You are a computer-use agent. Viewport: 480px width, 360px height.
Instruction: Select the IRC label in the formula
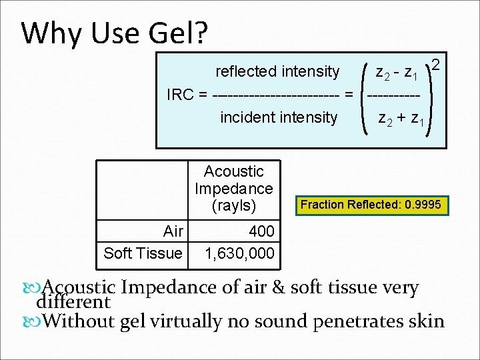pyautogui.click(x=179, y=95)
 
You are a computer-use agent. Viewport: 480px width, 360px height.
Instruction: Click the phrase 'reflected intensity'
pyautogui.click(x=277, y=71)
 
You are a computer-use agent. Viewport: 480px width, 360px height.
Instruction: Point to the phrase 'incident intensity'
pyautogui.click(x=279, y=118)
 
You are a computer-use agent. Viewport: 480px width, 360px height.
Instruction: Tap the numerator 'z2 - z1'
pyautogui.click(x=397, y=72)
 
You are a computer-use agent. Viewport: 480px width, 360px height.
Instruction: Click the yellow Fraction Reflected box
pyautogui.click(x=371, y=205)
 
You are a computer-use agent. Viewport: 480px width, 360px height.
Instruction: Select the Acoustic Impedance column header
pyautogui.click(x=233, y=188)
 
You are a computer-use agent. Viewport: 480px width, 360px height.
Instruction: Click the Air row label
pyautogui.click(x=173, y=231)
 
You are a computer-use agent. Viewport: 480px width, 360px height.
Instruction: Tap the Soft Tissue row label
pyautogui.click(x=143, y=253)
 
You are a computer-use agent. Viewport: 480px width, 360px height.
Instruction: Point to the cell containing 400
pyautogui.click(x=261, y=231)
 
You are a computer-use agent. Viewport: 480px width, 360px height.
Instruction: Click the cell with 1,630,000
pyautogui.click(x=239, y=253)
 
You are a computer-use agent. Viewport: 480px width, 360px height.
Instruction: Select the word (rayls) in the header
pyautogui.click(x=233, y=205)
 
